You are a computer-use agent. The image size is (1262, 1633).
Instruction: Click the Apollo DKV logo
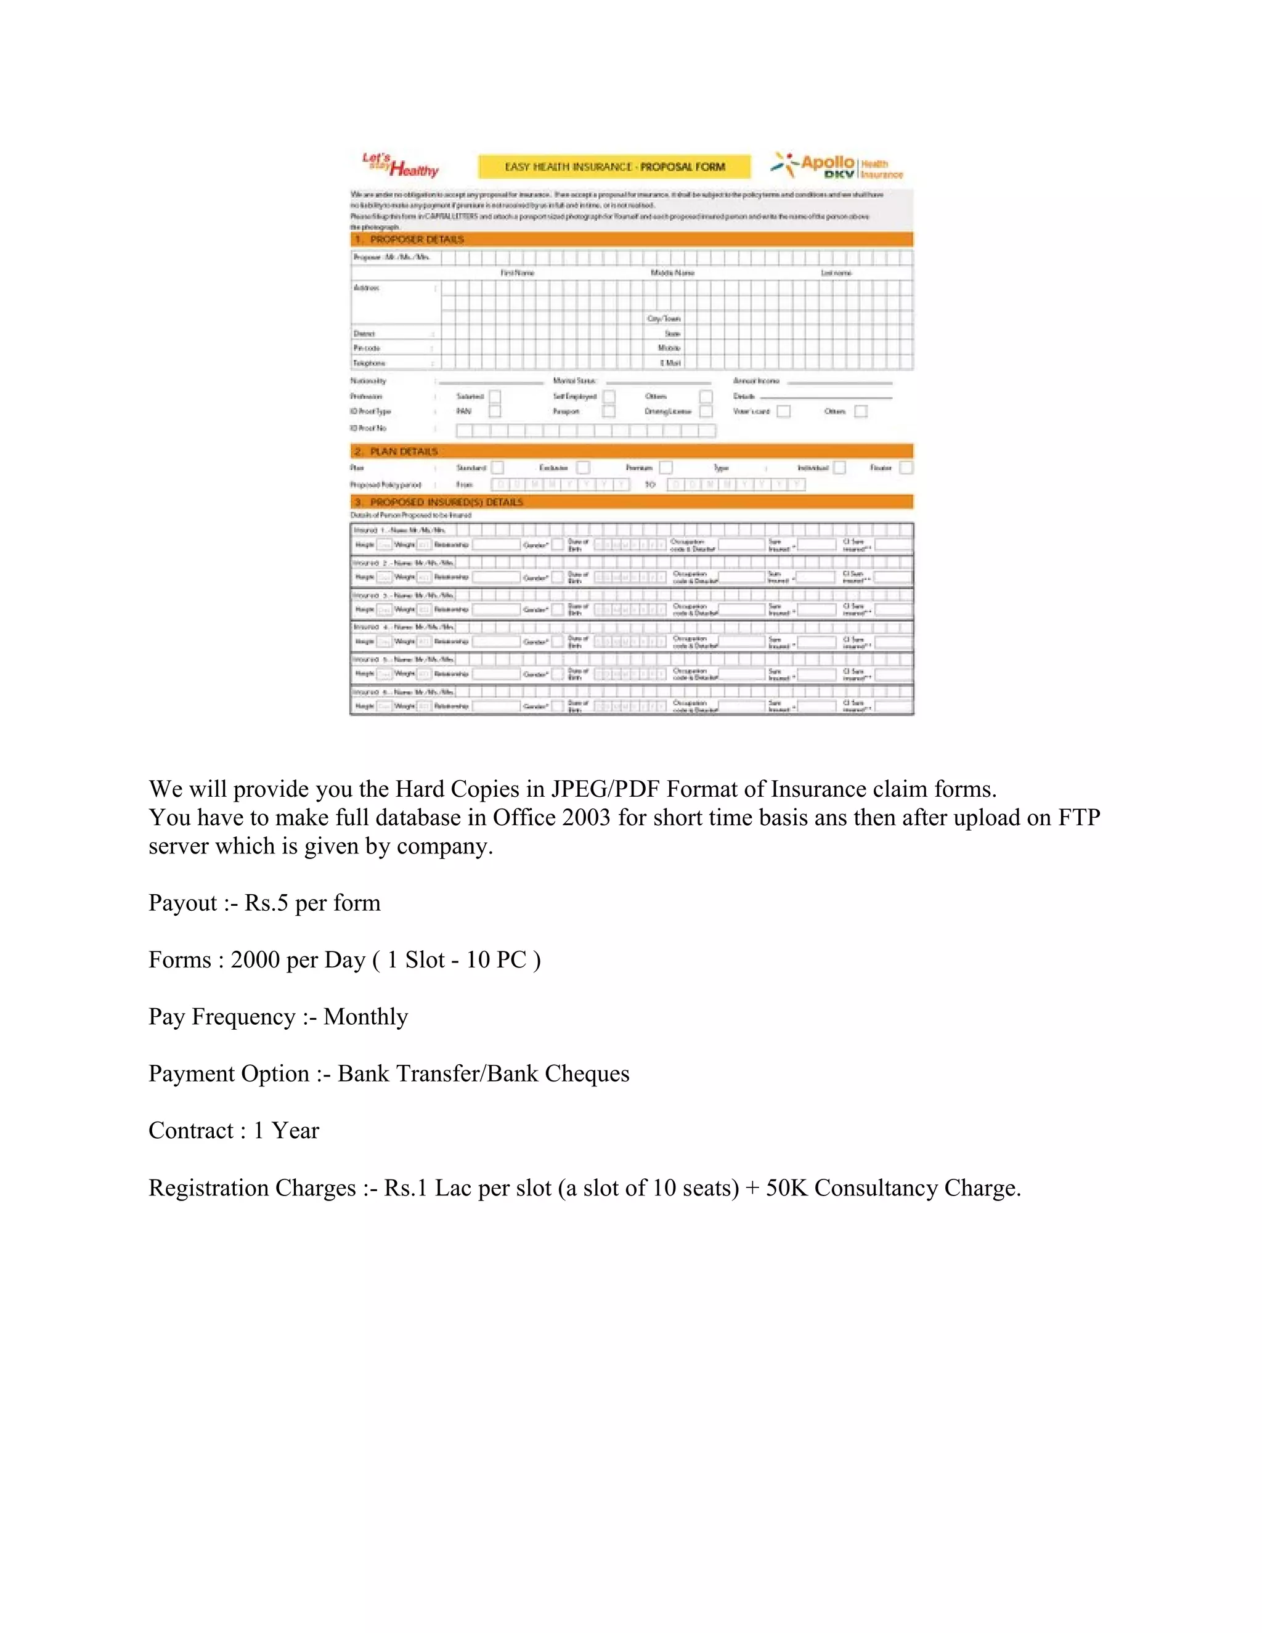point(837,165)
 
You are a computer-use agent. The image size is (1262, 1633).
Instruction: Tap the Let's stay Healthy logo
point(400,165)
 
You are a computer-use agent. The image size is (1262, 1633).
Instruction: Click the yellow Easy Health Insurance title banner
point(614,167)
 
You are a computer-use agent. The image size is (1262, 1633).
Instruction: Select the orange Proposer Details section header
point(631,239)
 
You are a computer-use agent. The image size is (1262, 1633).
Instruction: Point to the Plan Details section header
point(631,451)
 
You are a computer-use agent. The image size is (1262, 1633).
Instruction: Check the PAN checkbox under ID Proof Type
point(494,411)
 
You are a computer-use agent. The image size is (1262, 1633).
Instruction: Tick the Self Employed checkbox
point(609,396)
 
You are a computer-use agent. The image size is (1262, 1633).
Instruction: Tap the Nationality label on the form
point(368,381)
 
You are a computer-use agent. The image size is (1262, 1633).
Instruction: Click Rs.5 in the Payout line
point(266,903)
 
